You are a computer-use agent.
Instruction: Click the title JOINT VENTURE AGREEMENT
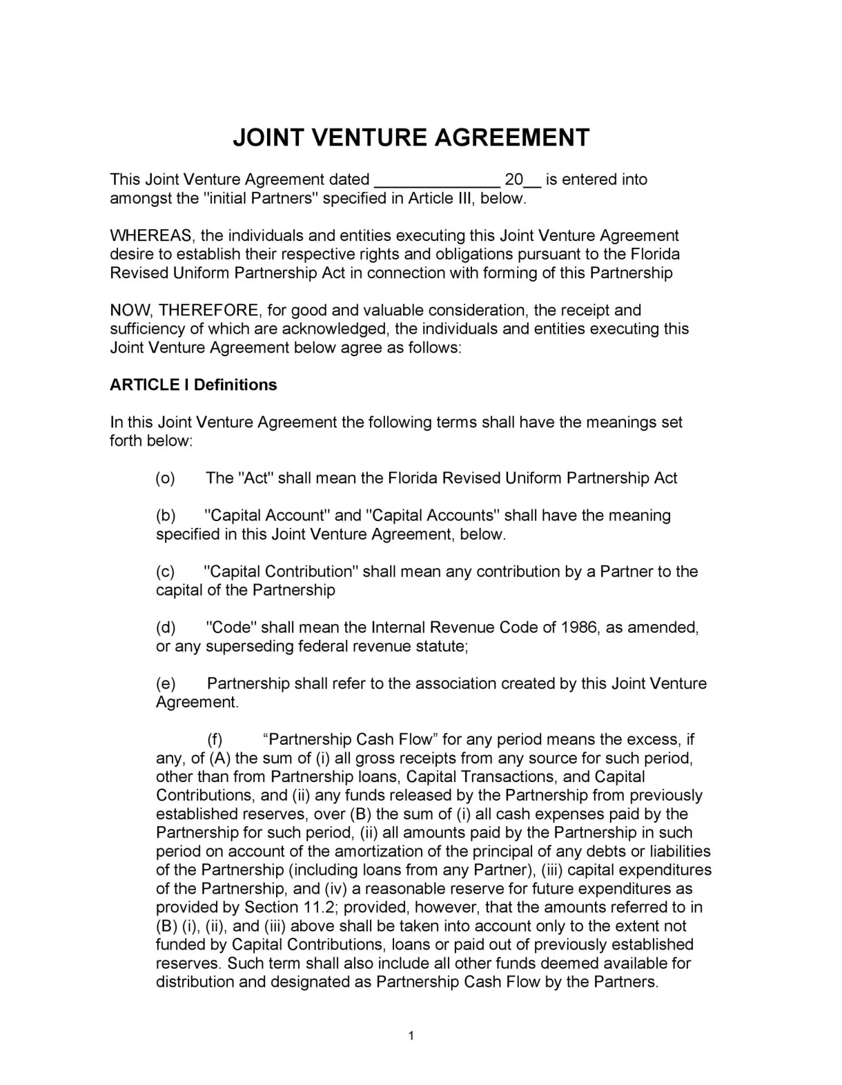[x=411, y=137]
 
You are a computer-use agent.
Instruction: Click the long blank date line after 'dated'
[x=437, y=181]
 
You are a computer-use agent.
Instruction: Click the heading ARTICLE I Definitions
[x=193, y=385]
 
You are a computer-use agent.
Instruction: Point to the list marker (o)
[x=165, y=478]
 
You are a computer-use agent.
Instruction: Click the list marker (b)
[x=166, y=516]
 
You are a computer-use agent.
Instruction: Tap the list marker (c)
[x=165, y=571]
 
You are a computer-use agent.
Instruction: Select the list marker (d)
[x=166, y=627]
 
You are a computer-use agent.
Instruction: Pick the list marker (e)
[x=166, y=683]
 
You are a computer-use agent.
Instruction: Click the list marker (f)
[x=215, y=740]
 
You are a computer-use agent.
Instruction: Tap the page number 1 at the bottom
[x=411, y=1035]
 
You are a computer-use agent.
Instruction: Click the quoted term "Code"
[x=231, y=627]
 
